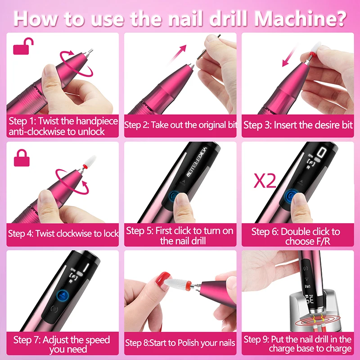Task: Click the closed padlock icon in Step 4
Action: click(x=22, y=158)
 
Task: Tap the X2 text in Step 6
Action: click(x=265, y=181)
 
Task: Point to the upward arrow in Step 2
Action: click(x=178, y=54)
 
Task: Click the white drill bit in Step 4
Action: click(x=90, y=162)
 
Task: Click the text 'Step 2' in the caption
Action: click(x=137, y=125)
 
